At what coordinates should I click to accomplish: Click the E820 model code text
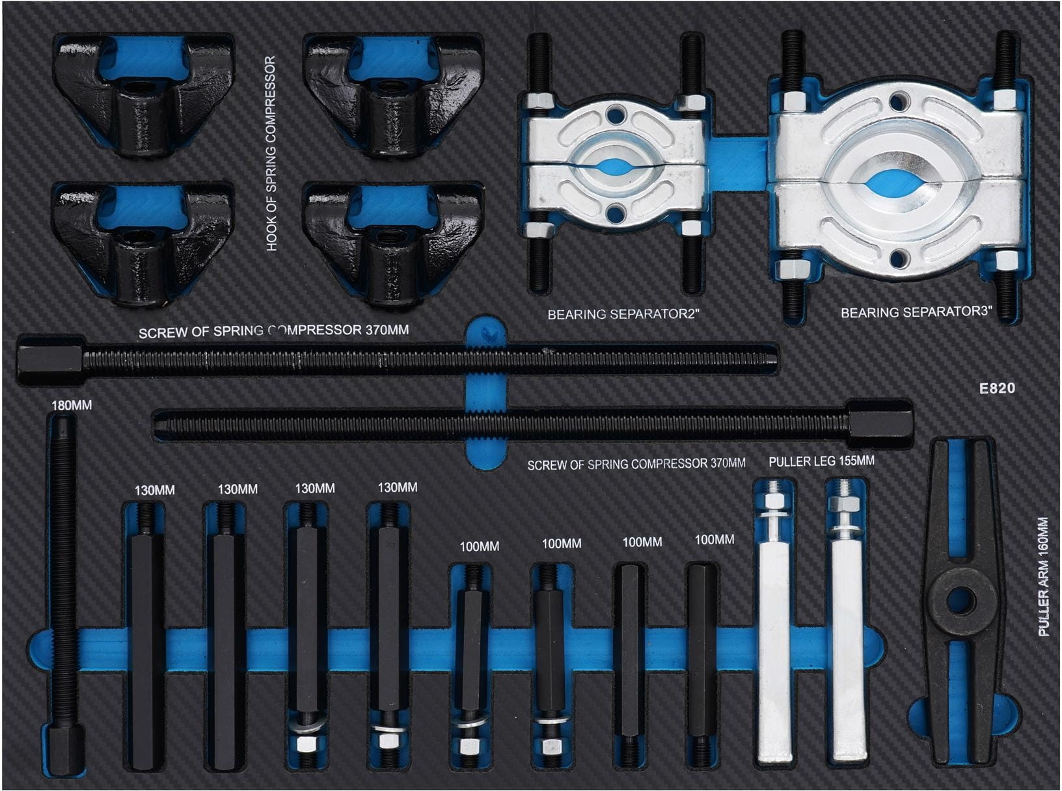coord(997,388)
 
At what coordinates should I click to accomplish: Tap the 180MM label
coord(72,405)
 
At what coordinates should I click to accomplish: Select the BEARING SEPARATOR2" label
coord(624,315)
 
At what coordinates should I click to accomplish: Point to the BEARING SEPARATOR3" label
coord(916,312)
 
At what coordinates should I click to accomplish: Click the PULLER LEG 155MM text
coord(822,461)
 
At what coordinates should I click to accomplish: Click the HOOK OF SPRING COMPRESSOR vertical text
coord(271,154)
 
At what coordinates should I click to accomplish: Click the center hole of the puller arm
coord(960,600)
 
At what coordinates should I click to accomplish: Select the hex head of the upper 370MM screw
coord(50,359)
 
